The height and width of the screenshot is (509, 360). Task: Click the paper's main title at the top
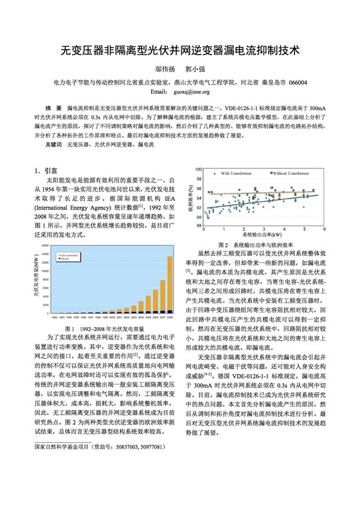(179, 49)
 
